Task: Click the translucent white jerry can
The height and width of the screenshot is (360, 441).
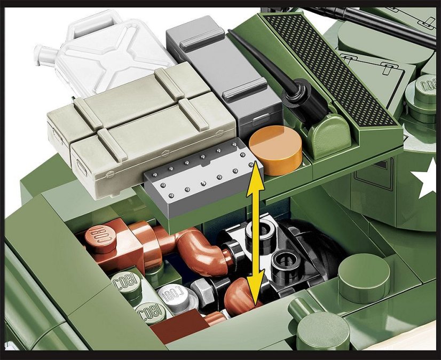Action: (x=115, y=53)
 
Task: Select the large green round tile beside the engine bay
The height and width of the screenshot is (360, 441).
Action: (x=364, y=277)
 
